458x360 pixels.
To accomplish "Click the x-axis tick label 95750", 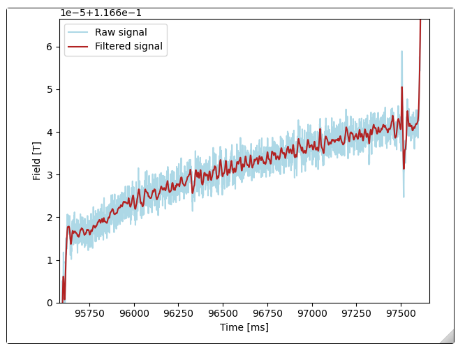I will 89,314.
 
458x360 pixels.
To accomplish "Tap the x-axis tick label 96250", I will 178,314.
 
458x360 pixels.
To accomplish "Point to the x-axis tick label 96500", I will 223,314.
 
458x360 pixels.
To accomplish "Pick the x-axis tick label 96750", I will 267,314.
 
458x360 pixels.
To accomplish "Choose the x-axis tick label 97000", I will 312,314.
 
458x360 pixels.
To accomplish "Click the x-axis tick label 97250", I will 357,314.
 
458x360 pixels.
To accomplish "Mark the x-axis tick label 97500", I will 401,314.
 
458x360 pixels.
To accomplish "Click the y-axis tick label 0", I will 50,303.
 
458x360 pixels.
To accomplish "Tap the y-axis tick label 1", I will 50,260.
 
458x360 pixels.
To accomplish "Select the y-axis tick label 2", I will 50,218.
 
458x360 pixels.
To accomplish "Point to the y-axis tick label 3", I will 50,175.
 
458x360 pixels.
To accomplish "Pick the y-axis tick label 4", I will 50,133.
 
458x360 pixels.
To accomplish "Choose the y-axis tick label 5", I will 50,90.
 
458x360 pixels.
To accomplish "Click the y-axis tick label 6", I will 50,47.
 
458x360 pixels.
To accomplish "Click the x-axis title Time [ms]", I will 244,327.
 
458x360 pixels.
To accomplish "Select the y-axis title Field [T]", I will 37,161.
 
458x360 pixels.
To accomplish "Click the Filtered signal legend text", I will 128,47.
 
